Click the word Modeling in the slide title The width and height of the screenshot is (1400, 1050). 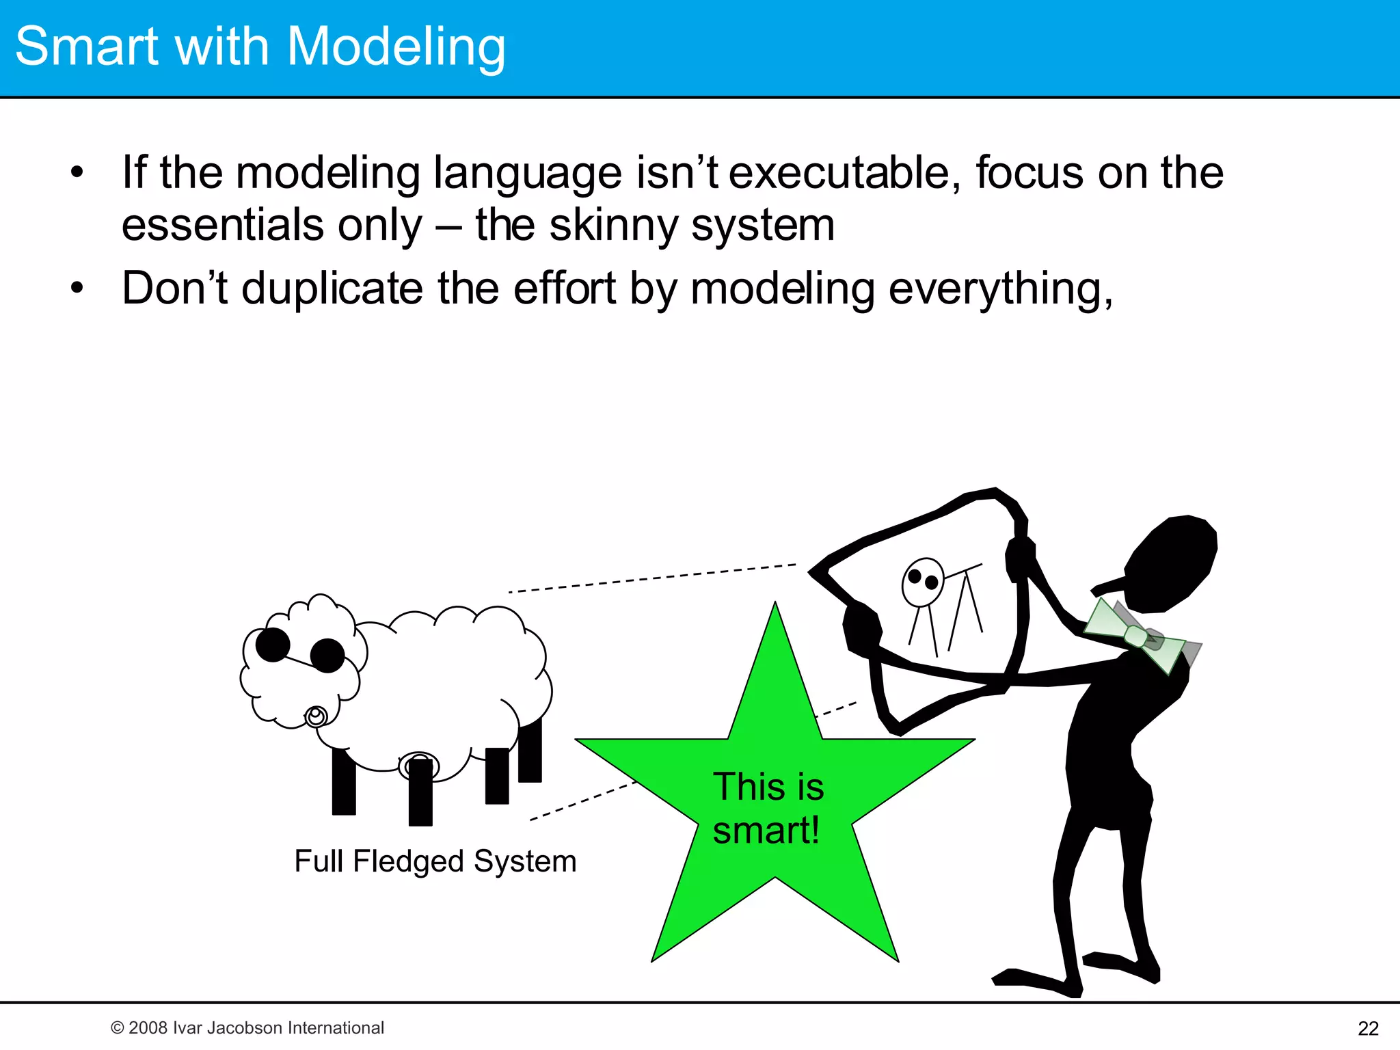click(x=396, y=46)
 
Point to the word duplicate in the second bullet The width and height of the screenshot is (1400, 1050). click(x=332, y=288)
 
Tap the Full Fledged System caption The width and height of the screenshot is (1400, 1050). click(x=435, y=861)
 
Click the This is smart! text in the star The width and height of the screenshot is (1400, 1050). click(x=768, y=807)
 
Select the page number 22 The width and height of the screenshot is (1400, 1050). click(x=1368, y=1028)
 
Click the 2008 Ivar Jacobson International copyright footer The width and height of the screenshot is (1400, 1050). click(x=247, y=1027)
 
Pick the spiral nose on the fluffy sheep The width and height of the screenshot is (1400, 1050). click(x=316, y=716)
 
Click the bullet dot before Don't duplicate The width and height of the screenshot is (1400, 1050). click(x=77, y=288)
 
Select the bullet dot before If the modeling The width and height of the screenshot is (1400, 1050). click(x=77, y=172)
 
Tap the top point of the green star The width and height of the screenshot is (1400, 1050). click(x=775, y=608)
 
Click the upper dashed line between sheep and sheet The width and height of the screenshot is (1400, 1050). click(x=653, y=578)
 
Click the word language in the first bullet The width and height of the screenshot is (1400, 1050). click(x=527, y=174)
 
